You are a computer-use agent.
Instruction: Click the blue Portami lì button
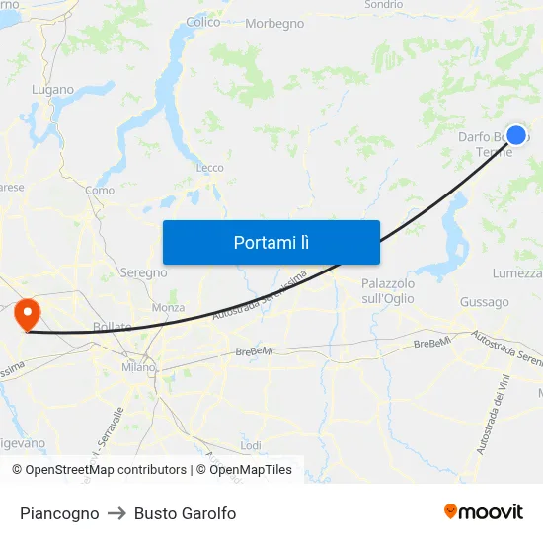(271, 242)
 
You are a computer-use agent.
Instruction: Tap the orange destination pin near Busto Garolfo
(26, 315)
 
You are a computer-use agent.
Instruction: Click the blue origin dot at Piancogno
(515, 135)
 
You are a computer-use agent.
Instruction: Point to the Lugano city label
(52, 89)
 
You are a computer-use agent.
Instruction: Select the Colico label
(202, 22)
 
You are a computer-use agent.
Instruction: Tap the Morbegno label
(274, 23)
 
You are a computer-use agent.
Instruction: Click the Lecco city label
(209, 168)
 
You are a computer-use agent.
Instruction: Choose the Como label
(100, 191)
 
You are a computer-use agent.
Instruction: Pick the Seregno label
(143, 272)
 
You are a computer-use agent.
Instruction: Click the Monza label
(168, 308)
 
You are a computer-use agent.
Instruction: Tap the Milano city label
(138, 367)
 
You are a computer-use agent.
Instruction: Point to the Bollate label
(112, 327)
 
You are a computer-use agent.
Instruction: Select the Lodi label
(251, 445)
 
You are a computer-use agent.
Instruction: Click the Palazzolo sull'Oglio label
(388, 290)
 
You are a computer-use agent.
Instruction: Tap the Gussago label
(484, 302)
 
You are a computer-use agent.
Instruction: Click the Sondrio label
(383, 5)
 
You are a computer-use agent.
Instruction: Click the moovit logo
(483, 512)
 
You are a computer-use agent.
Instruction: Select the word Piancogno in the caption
(59, 513)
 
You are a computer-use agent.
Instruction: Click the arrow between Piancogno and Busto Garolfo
(116, 513)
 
